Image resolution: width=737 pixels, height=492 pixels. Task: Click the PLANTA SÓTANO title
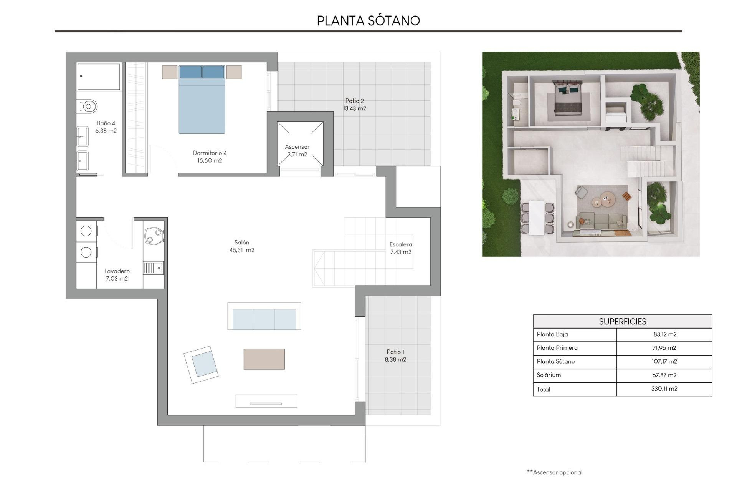[x=368, y=21]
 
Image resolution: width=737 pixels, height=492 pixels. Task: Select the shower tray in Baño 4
[x=99, y=76]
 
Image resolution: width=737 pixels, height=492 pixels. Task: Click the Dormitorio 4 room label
[x=210, y=153]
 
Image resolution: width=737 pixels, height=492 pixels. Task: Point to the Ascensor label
[x=297, y=147]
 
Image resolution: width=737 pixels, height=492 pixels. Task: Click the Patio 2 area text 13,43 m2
[x=354, y=109]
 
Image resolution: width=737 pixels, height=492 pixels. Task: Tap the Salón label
[x=242, y=243]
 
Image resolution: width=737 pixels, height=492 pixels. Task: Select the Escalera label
[x=401, y=244]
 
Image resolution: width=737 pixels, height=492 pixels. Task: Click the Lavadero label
[x=117, y=271]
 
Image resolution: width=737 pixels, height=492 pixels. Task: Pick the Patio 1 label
[x=395, y=352]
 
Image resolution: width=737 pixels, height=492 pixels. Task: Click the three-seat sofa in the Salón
[x=264, y=319]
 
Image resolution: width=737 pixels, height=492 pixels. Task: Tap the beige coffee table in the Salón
[x=264, y=359]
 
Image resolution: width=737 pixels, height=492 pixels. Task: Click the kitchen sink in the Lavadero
[x=153, y=268]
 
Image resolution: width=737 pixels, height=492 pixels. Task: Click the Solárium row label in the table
[x=549, y=375]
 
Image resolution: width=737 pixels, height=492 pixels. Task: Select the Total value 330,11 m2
[x=664, y=389]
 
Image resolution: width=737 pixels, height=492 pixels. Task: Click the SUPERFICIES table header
[x=622, y=322]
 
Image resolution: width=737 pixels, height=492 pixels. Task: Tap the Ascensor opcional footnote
[x=555, y=472]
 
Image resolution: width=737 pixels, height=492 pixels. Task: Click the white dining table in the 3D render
[x=536, y=218]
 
